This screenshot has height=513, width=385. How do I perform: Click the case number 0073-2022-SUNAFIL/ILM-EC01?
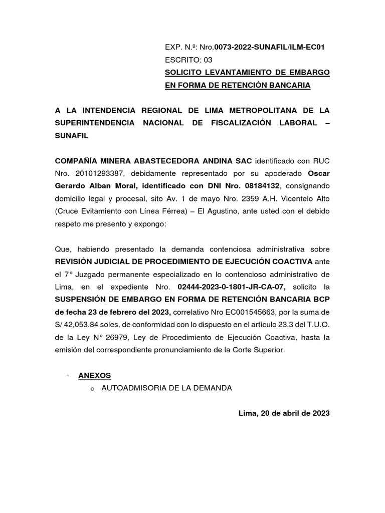click(270, 47)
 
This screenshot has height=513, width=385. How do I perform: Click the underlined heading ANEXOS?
click(94, 375)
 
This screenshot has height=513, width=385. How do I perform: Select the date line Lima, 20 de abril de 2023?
click(284, 413)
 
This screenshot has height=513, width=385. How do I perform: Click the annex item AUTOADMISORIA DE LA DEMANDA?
click(167, 388)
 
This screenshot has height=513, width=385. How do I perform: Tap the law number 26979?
click(116, 337)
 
